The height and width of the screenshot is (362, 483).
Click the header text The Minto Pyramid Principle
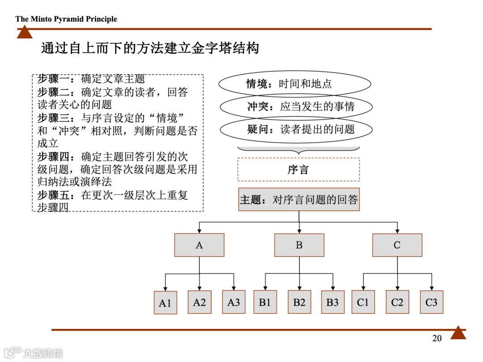pos(66,19)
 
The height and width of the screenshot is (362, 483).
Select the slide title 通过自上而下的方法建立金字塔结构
pos(150,48)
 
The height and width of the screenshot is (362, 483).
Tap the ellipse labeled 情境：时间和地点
pos(295,84)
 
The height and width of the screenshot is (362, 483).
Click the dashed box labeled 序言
pos(298,170)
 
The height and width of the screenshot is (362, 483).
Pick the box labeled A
pos(199,245)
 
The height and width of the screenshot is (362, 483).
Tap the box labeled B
pos(299,245)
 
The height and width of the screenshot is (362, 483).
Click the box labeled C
pos(397,245)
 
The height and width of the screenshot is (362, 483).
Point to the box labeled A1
pos(165,303)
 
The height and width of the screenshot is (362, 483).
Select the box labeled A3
pos(233,302)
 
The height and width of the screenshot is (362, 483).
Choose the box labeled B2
pos(299,302)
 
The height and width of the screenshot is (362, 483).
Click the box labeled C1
pos(363,302)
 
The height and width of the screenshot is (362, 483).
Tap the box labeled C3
pos(431,302)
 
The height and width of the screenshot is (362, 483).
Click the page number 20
pos(437,338)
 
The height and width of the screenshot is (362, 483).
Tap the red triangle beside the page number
pos(458,333)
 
